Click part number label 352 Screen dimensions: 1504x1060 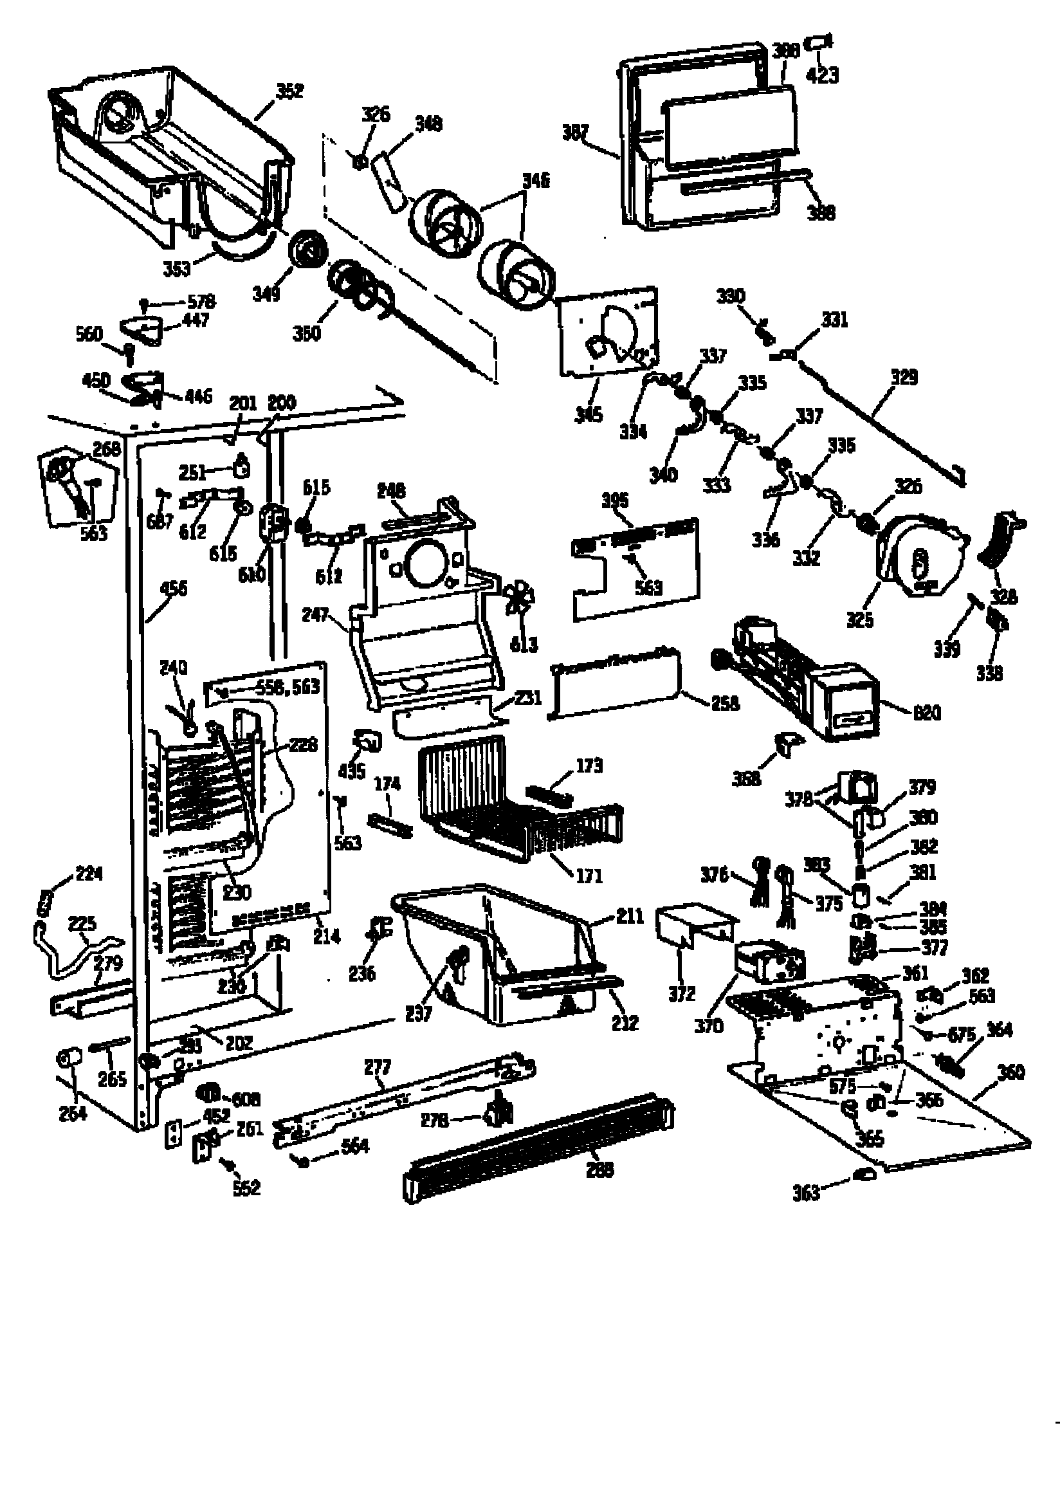click(289, 91)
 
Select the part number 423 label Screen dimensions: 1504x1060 click(822, 75)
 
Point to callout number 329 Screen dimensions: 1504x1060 click(904, 378)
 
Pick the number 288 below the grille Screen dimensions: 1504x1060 click(599, 1169)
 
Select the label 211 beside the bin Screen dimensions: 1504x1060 click(630, 916)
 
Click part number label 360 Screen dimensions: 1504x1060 click(1010, 1072)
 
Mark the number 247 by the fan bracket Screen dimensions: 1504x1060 click(315, 615)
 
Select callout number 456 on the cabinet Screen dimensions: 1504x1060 click(173, 588)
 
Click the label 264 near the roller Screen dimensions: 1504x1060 click(72, 1113)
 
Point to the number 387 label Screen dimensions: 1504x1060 click(575, 133)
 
